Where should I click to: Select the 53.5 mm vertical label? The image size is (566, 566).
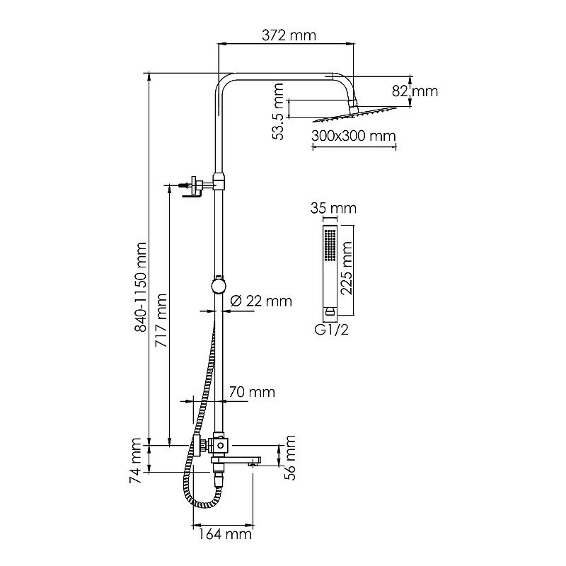coord(279,111)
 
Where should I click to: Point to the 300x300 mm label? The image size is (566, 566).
coord(352,136)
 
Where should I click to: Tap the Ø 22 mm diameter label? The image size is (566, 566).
coord(261,301)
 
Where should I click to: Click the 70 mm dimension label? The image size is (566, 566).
coord(251,392)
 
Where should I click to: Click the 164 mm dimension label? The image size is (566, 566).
coord(226,534)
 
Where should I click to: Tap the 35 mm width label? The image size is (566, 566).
coord(333,208)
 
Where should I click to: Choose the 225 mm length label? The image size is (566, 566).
coord(347,268)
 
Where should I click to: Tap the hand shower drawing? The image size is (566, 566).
coord(330,269)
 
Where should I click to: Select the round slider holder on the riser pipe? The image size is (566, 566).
coord(219,286)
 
